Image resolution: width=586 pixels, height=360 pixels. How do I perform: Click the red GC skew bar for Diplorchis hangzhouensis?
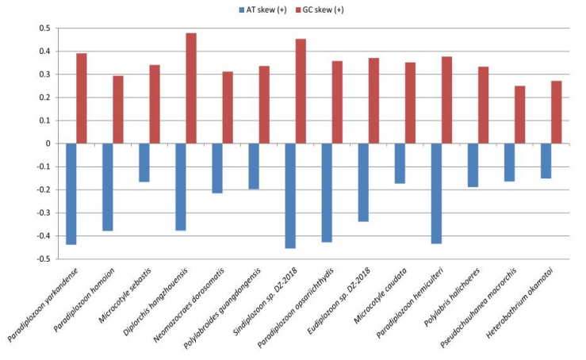(191, 88)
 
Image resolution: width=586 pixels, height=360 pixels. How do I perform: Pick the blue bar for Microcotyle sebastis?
(144, 163)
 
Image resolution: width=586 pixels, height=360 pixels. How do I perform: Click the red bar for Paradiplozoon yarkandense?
(82, 98)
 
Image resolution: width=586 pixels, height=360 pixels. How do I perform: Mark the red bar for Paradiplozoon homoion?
(118, 109)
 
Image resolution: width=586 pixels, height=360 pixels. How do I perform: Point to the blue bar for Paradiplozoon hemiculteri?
(436, 193)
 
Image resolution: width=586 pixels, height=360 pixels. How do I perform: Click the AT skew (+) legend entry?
(261, 10)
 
